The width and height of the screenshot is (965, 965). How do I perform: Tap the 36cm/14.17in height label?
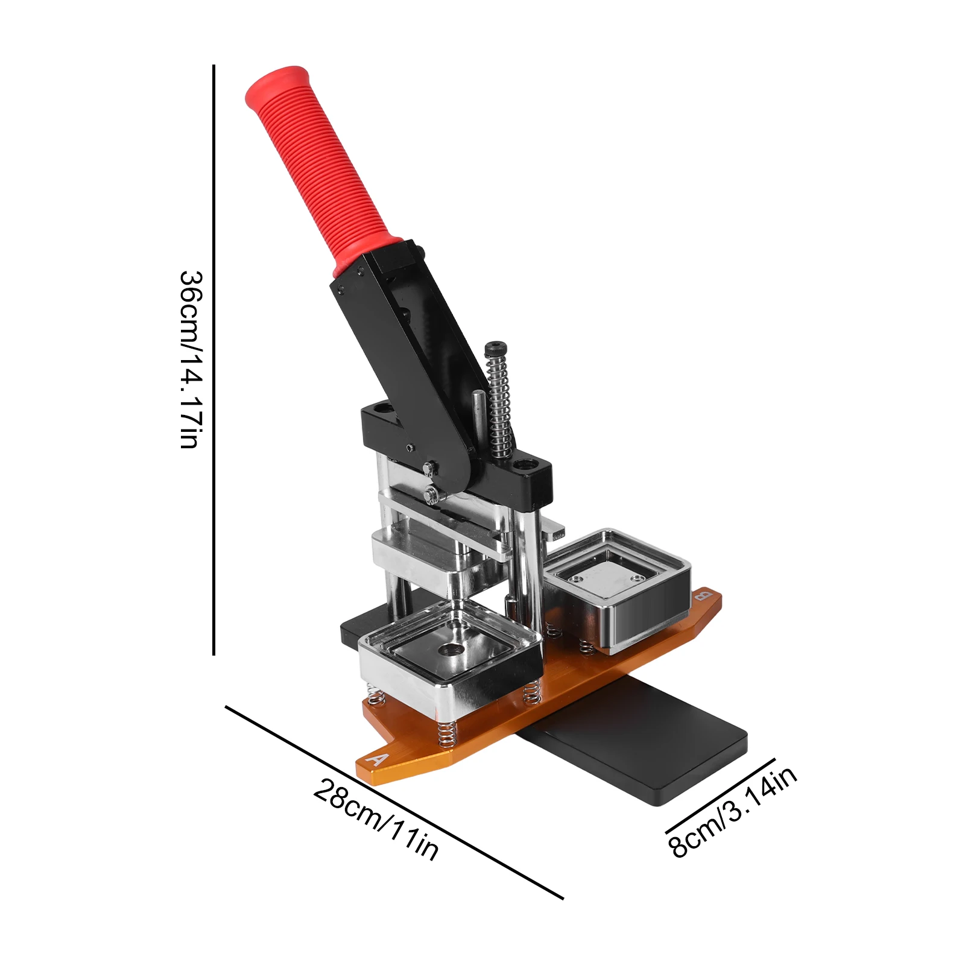pos(191,359)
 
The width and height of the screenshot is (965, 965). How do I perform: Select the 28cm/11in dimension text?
pos(375,819)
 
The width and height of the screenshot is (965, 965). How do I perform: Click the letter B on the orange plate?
pos(701,597)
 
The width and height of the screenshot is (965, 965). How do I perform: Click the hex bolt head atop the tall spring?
pos(495,348)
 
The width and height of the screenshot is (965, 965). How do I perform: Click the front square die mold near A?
pos(449,663)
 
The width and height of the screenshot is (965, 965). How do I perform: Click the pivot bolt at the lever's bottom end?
pos(429,468)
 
